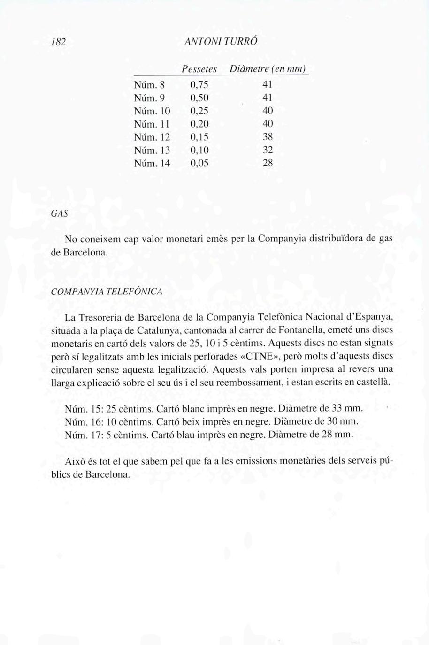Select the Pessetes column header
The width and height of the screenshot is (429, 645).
point(199,70)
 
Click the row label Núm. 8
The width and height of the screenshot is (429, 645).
point(150,85)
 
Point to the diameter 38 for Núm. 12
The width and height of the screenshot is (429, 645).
point(268,137)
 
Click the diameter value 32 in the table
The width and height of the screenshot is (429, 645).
point(268,150)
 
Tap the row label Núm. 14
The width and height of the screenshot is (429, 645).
point(152,164)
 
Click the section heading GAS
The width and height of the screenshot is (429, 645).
point(59,214)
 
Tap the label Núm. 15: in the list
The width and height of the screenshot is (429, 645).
point(81,408)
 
